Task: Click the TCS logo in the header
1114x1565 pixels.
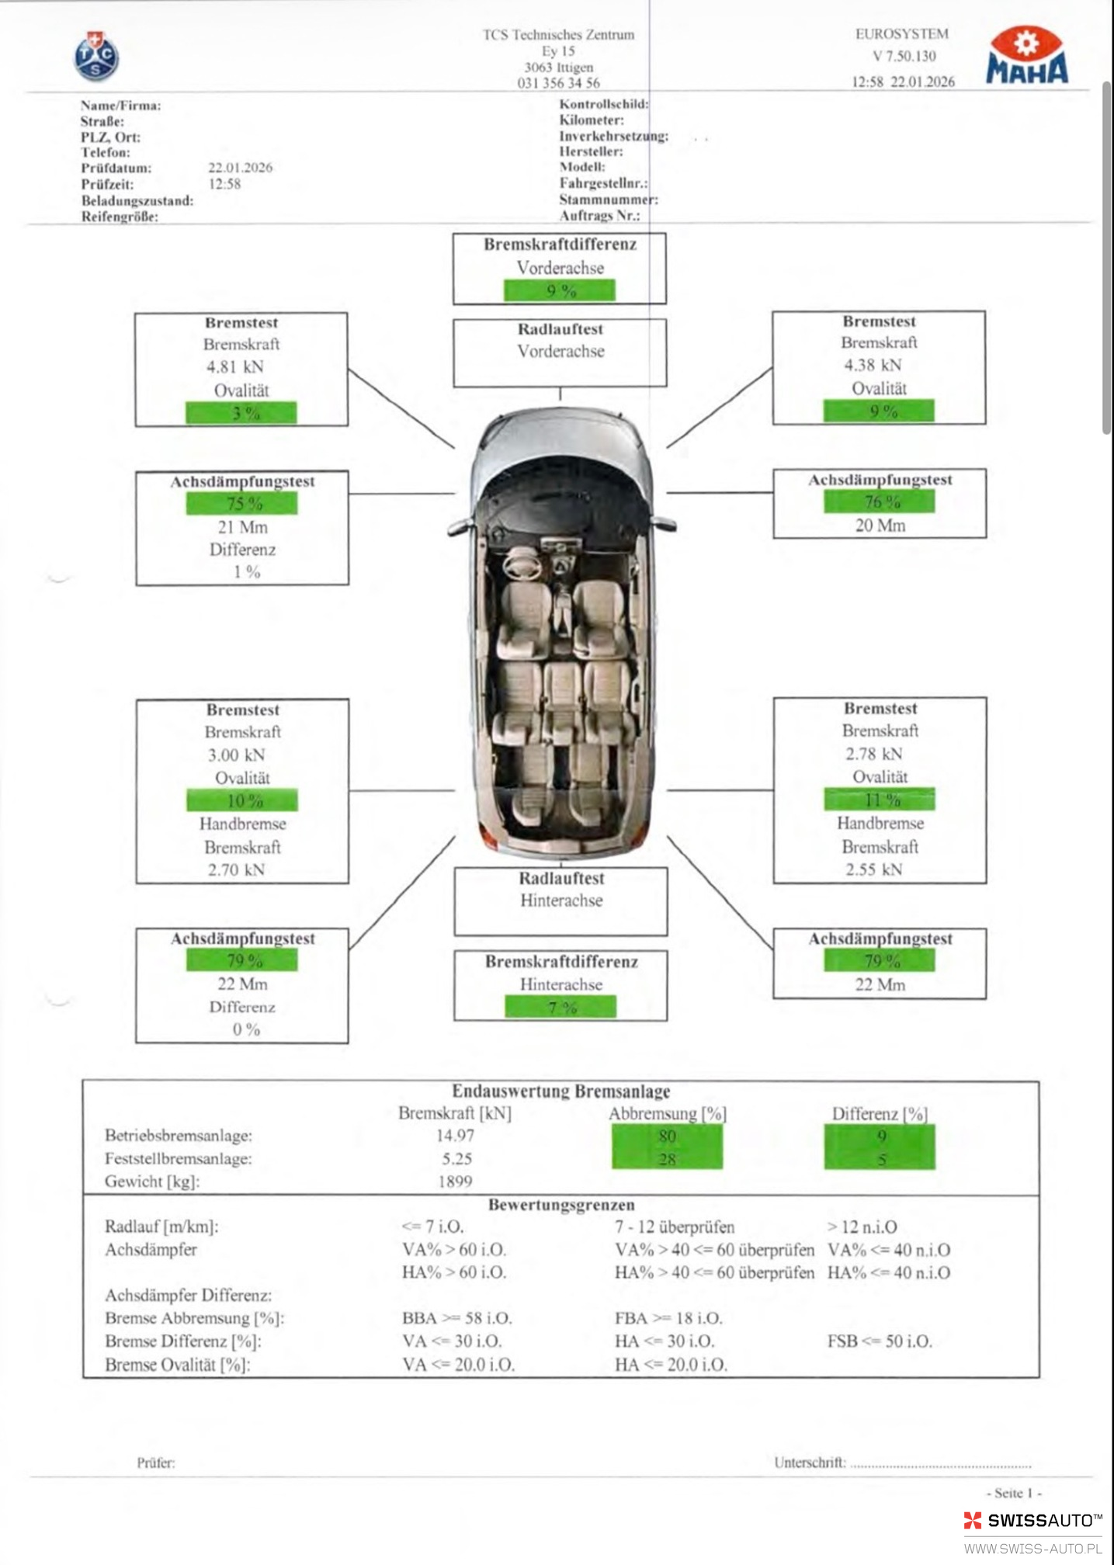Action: tap(96, 57)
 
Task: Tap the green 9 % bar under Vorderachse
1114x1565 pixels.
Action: tap(560, 291)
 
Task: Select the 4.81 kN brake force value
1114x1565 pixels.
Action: tap(234, 367)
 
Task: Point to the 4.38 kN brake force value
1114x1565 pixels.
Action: tap(873, 366)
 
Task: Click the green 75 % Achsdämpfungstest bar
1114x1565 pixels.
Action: tap(241, 504)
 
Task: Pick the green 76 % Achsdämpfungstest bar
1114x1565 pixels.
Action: tap(880, 502)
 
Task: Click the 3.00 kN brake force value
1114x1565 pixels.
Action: tap(236, 755)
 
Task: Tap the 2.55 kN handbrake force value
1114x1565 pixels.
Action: tap(873, 869)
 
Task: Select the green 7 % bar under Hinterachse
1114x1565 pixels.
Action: tap(560, 1008)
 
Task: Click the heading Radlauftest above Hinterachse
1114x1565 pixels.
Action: tap(560, 879)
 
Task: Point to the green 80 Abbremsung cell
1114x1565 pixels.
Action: tap(667, 1136)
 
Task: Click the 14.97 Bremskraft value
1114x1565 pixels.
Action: tap(455, 1136)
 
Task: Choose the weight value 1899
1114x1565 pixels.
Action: tap(455, 1182)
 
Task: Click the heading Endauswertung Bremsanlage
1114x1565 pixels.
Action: tap(560, 1091)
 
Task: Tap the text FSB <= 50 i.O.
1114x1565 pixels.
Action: tap(880, 1341)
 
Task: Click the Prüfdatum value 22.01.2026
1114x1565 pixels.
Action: tap(240, 168)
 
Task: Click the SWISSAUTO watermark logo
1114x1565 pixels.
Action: tap(1032, 1521)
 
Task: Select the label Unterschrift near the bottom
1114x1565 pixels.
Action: tap(809, 1463)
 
